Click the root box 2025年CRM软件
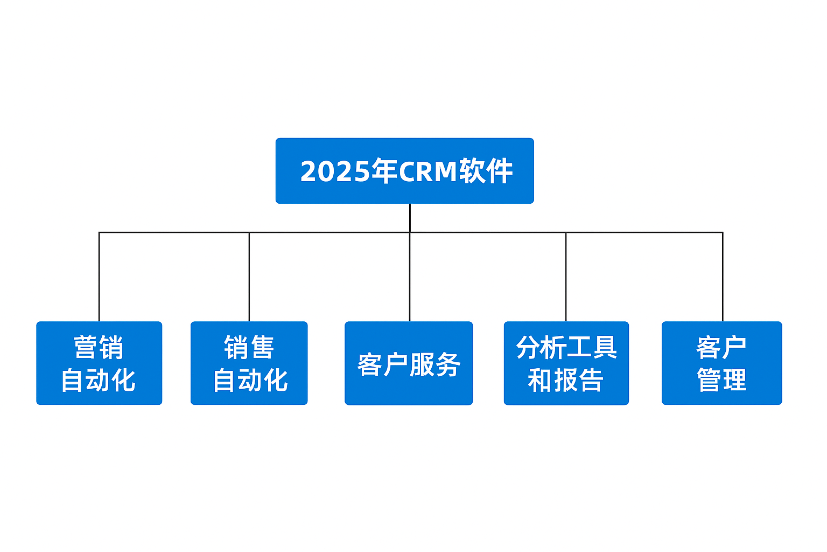pos(405,171)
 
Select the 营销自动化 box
pos(99,363)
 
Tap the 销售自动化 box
pos(249,363)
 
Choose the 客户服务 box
pos(409,363)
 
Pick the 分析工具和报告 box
pos(566,363)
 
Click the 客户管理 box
pos(722,363)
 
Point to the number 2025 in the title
pos(335,171)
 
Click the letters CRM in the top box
pos(428,171)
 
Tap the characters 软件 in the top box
pos(486,171)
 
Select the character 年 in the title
pos(384,171)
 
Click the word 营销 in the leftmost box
pos(99,348)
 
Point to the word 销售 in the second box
pos(249,348)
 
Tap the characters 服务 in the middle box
pos(435,364)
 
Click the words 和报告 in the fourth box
pos(566,380)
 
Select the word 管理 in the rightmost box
pos(722,380)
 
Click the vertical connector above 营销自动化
pos(99,277)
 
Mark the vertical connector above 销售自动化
pos(249,277)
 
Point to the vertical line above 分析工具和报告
pos(566,277)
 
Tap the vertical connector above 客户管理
pos(723,277)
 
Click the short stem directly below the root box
pos(410,218)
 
